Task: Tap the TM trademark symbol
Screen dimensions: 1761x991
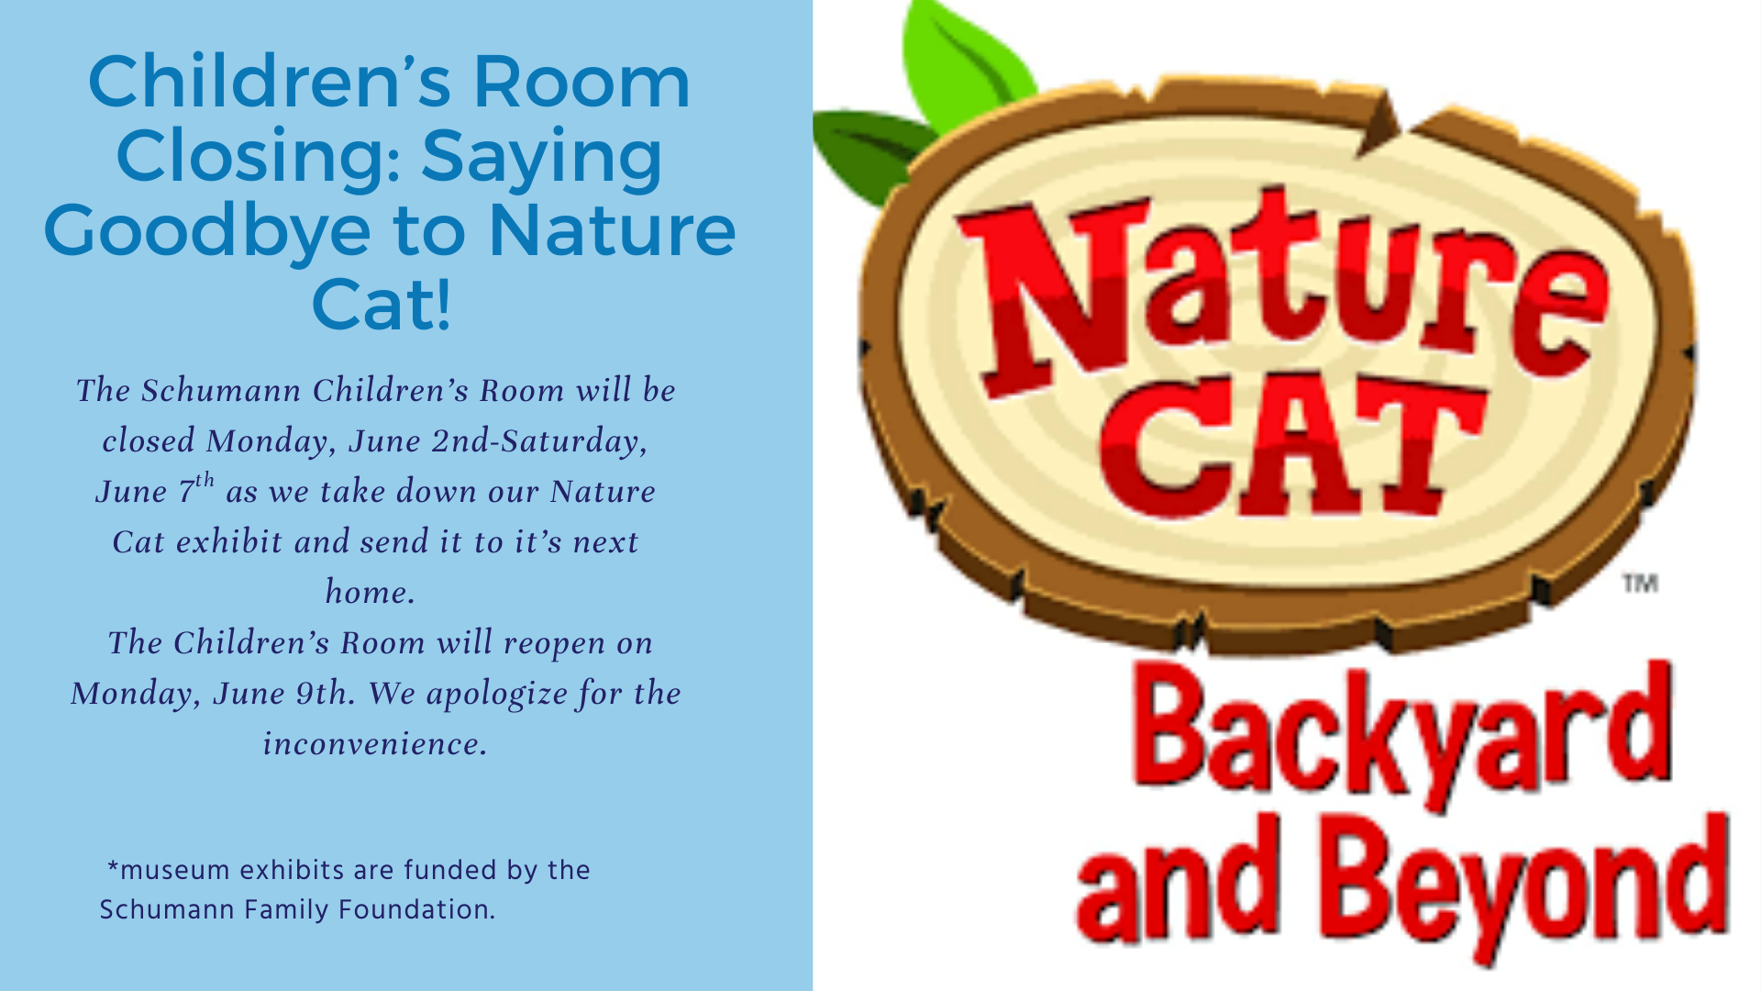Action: point(1640,584)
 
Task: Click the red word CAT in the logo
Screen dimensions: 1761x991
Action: point(1293,445)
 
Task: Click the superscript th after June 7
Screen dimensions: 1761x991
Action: point(205,480)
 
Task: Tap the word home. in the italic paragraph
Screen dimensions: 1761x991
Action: point(371,592)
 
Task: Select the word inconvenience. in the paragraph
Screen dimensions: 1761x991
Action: point(375,743)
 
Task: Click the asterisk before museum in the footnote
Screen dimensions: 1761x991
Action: point(113,867)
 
